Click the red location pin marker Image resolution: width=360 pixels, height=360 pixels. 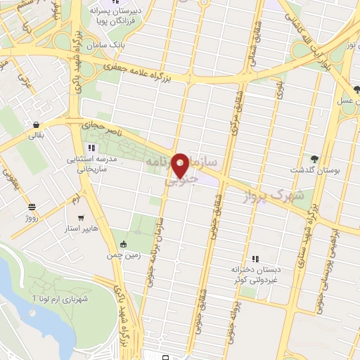point(181,165)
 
